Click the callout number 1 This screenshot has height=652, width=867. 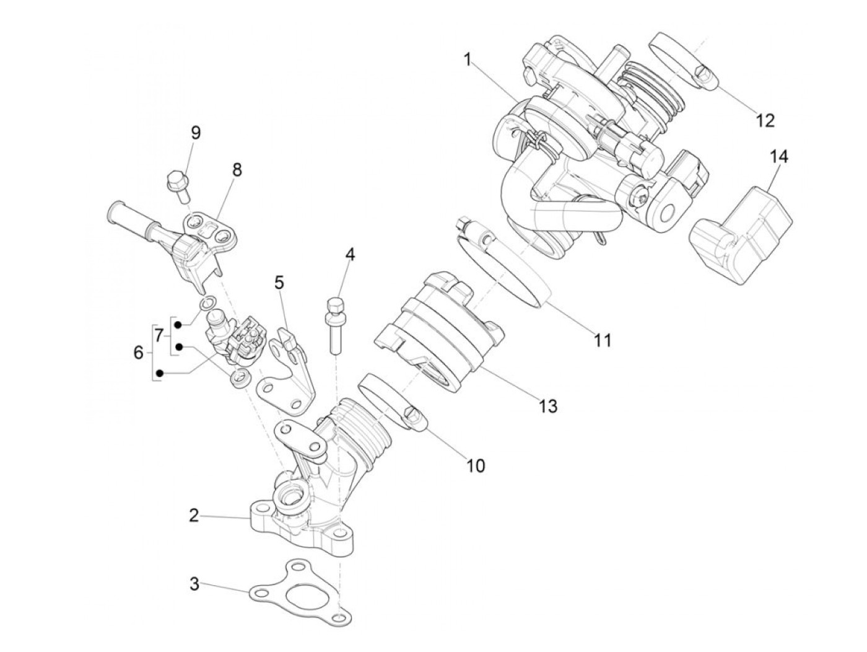468,59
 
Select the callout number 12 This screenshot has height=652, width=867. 765,120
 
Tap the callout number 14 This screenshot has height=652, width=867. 780,157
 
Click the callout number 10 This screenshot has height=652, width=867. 476,465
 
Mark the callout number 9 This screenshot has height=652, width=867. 196,133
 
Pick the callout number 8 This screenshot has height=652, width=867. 237,170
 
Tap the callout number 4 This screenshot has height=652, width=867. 351,254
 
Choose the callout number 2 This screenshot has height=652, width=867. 194,515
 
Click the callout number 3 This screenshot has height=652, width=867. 194,584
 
